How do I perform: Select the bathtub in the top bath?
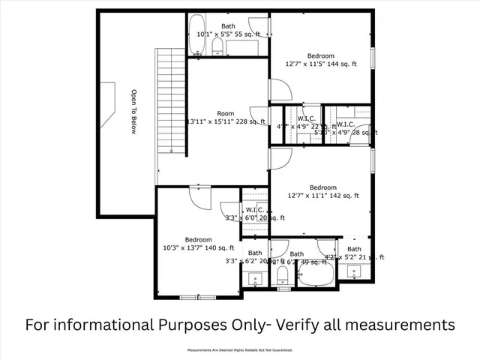198,35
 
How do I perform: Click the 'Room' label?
226,113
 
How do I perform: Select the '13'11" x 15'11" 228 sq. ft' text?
226,121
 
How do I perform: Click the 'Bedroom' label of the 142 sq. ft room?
322,187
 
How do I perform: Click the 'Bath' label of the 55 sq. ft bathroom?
227,26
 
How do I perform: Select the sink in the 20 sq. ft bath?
253,279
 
